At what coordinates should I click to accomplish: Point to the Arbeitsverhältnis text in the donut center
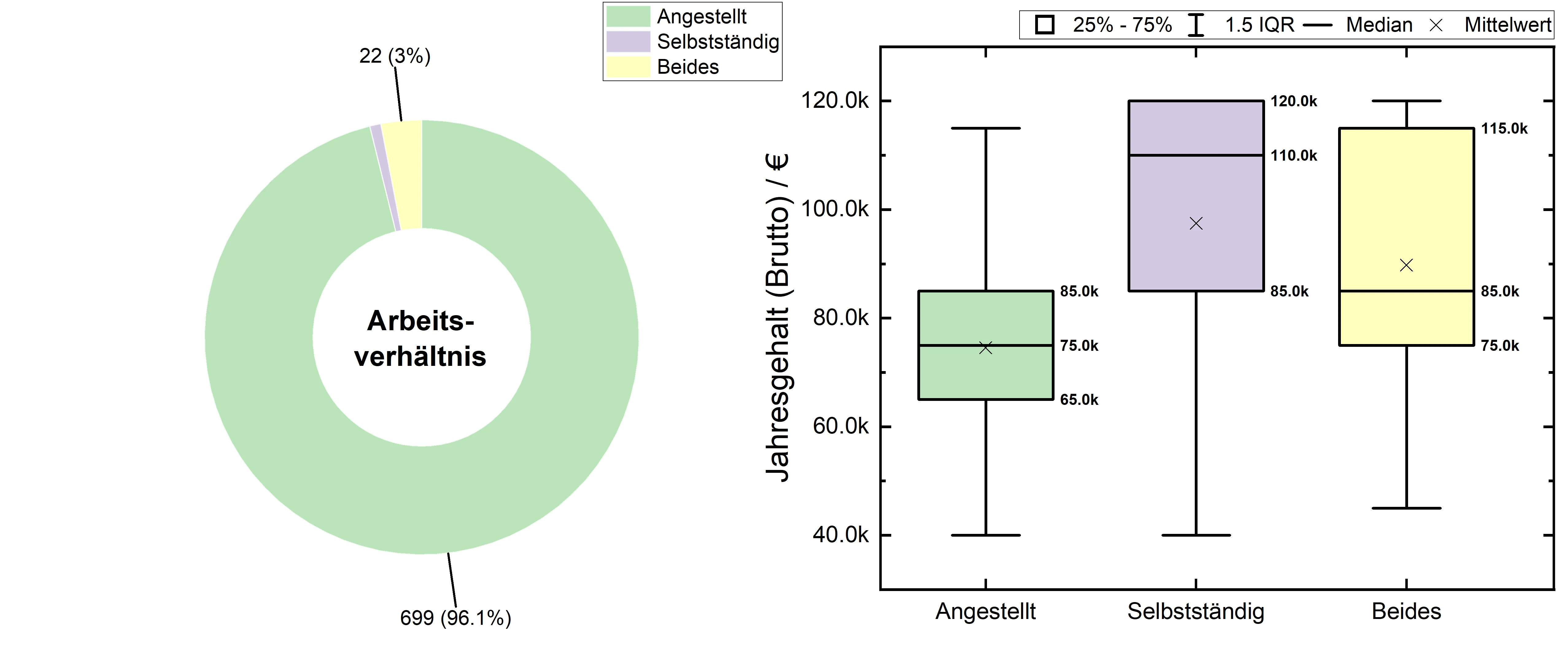(420, 339)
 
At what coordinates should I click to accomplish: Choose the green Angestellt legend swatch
(628, 16)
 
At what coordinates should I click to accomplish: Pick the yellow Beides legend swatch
(628, 67)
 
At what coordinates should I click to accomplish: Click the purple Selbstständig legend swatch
(628, 42)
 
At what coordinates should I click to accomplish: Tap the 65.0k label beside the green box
(1079, 400)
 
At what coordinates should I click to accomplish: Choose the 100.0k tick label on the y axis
(835, 209)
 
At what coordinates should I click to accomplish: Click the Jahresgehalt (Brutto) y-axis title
(777, 317)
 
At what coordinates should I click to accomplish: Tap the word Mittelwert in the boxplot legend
(1508, 25)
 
